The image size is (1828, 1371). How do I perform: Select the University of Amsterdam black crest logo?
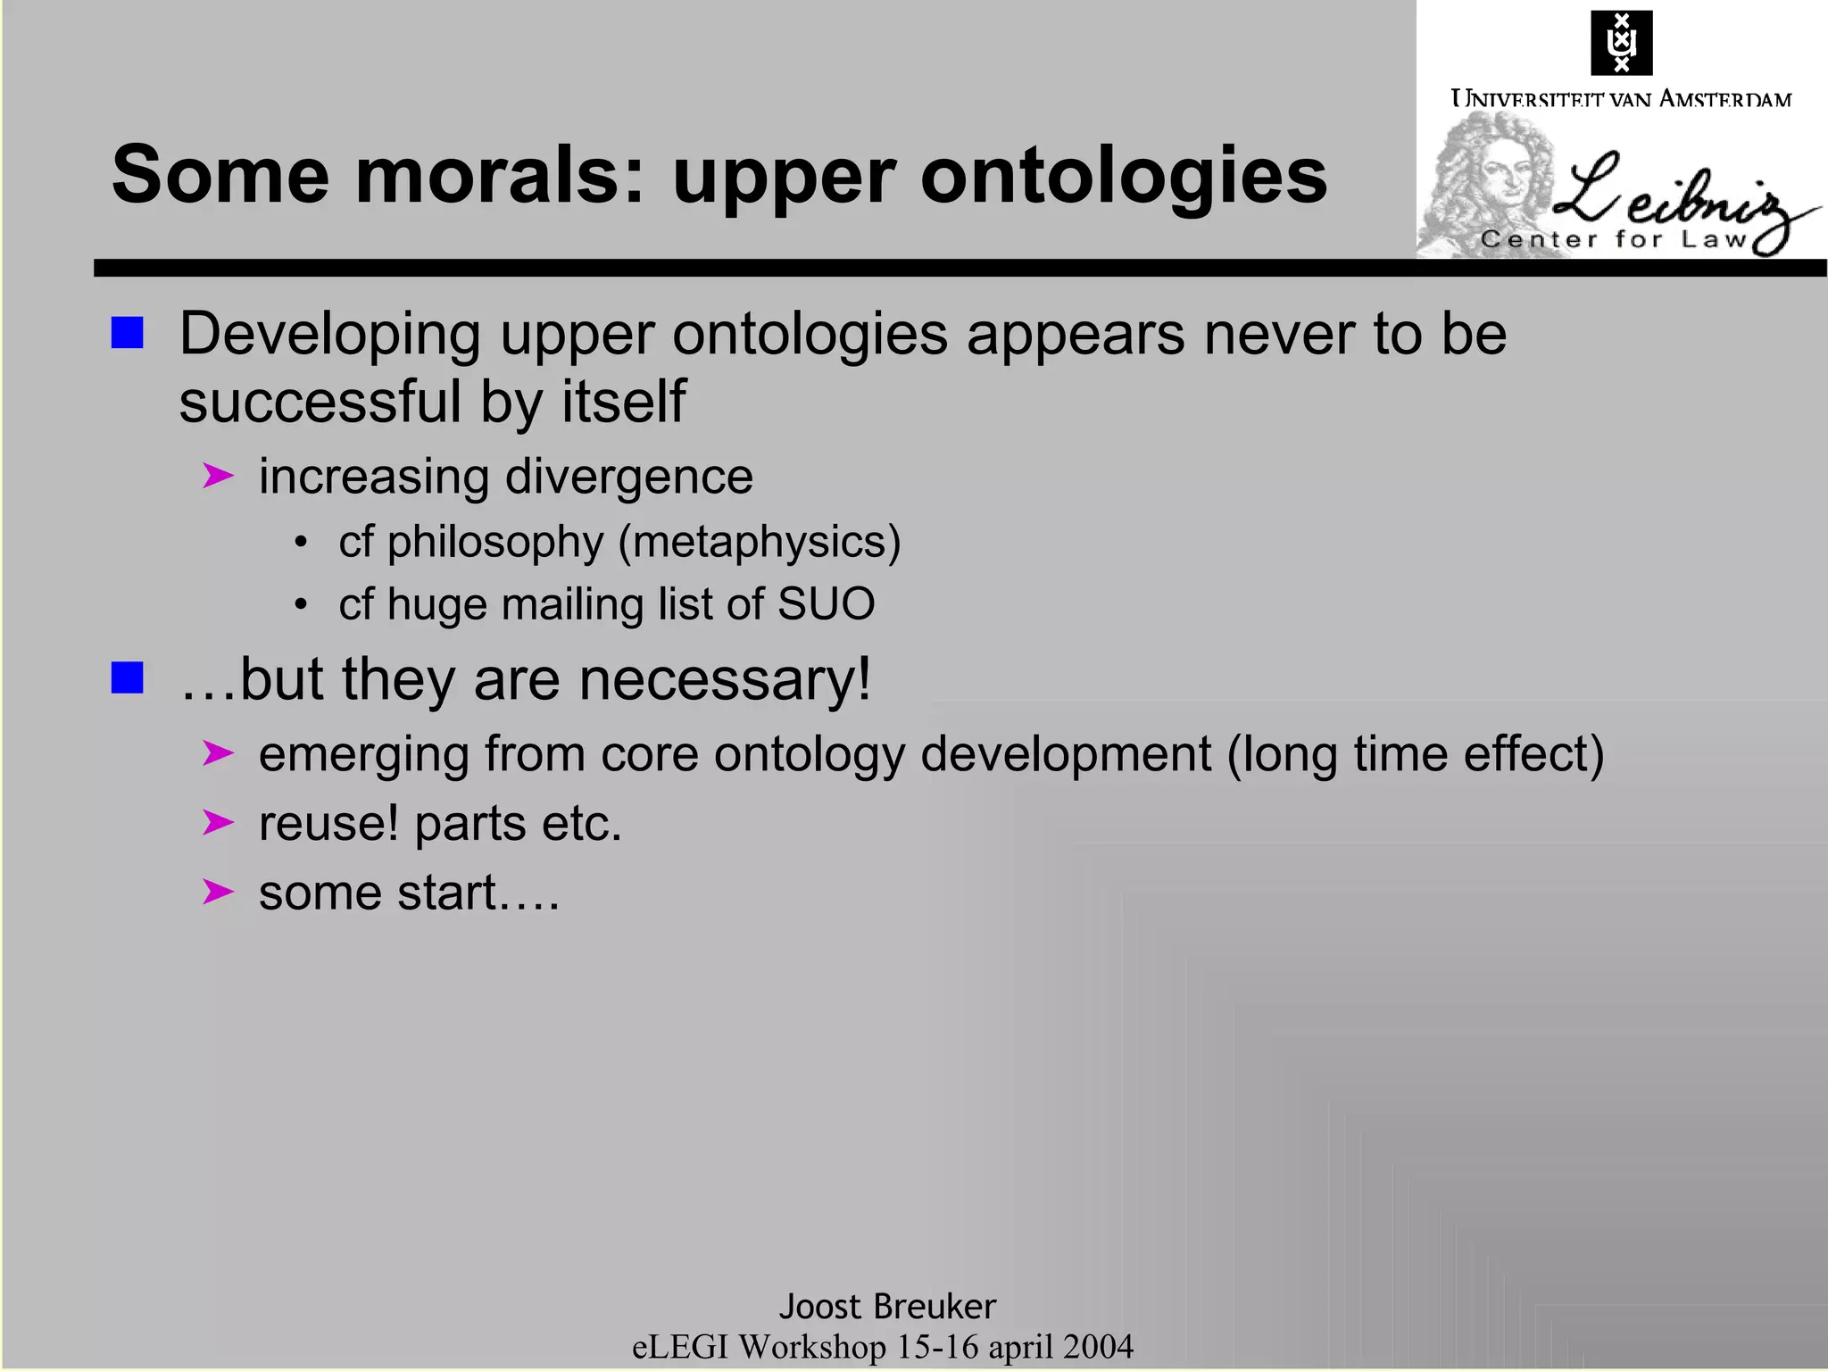[x=1621, y=43]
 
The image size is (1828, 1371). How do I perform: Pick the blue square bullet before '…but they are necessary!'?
[x=127, y=677]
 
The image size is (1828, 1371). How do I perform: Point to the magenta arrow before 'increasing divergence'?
[x=217, y=476]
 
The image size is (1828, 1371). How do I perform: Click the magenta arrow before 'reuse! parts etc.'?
[x=217, y=822]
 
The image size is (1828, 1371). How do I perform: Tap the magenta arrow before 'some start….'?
[x=217, y=891]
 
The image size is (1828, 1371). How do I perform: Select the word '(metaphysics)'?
[x=759, y=542]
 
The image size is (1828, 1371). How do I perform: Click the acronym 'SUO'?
[x=826, y=604]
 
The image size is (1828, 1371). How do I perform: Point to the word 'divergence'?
[x=629, y=477]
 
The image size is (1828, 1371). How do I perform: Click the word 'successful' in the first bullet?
[x=320, y=401]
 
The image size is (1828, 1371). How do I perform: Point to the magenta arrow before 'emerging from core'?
[x=217, y=753]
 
